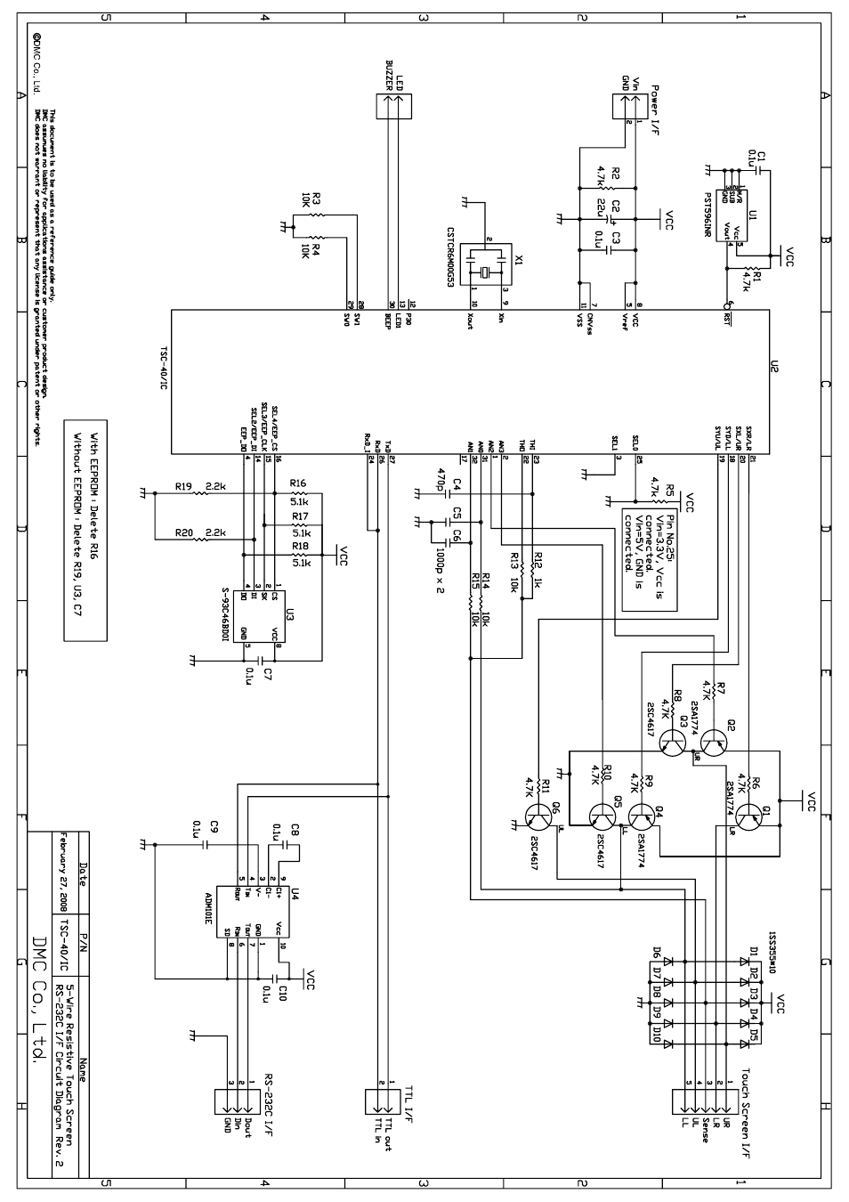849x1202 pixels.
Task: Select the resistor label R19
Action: tap(183, 487)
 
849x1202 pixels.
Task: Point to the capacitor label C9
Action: tap(214, 827)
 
